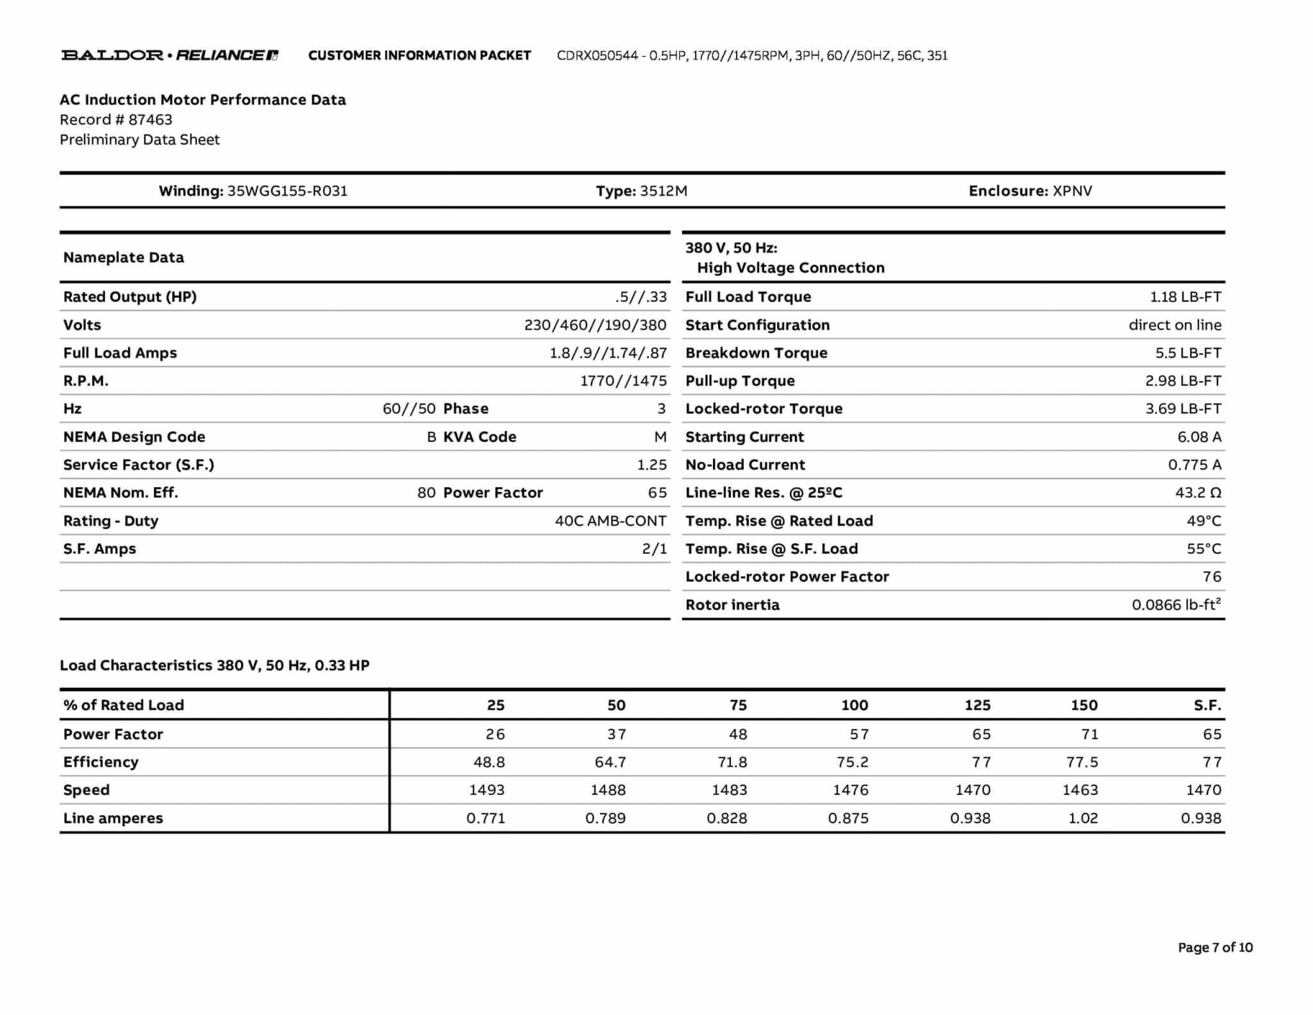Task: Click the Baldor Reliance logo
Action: tap(169, 55)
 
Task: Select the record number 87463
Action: tap(150, 120)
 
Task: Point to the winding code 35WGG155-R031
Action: tap(287, 191)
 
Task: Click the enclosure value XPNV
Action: tap(1072, 191)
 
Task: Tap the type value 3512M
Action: tap(664, 191)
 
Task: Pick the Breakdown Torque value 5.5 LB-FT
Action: tap(1188, 353)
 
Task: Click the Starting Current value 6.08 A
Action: tap(1199, 437)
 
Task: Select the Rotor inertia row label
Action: tap(732, 605)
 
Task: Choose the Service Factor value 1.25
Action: tap(651, 465)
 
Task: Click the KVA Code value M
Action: tap(660, 437)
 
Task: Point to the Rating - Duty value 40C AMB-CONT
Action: tap(610, 521)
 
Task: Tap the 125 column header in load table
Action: tap(977, 705)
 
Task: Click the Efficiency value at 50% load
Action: tap(610, 762)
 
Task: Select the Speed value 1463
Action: tap(1080, 790)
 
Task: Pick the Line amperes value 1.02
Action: tap(1082, 819)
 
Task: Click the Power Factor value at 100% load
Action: tap(859, 734)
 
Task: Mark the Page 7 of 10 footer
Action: tap(1215, 948)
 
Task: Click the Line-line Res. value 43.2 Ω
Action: tap(1198, 493)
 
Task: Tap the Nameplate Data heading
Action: tap(124, 258)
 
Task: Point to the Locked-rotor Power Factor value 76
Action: tap(1211, 577)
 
